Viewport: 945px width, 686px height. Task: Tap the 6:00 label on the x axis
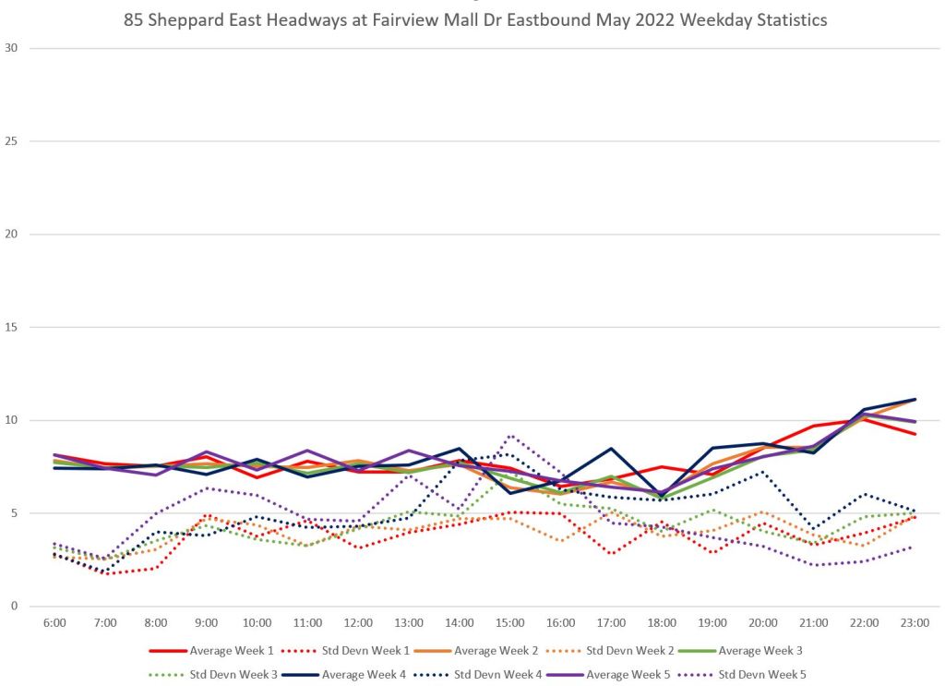click(x=55, y=624)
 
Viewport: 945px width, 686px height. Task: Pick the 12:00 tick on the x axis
click(x=358, y=624)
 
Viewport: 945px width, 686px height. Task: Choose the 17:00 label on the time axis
click(x=612, y=624)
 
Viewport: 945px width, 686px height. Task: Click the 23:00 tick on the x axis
click(x=915, y=624)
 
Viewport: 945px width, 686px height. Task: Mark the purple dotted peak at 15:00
click(x=510, y=436)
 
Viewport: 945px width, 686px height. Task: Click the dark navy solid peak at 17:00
click(x=612, y=449)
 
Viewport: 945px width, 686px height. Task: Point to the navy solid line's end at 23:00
click(x=915, y=400)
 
